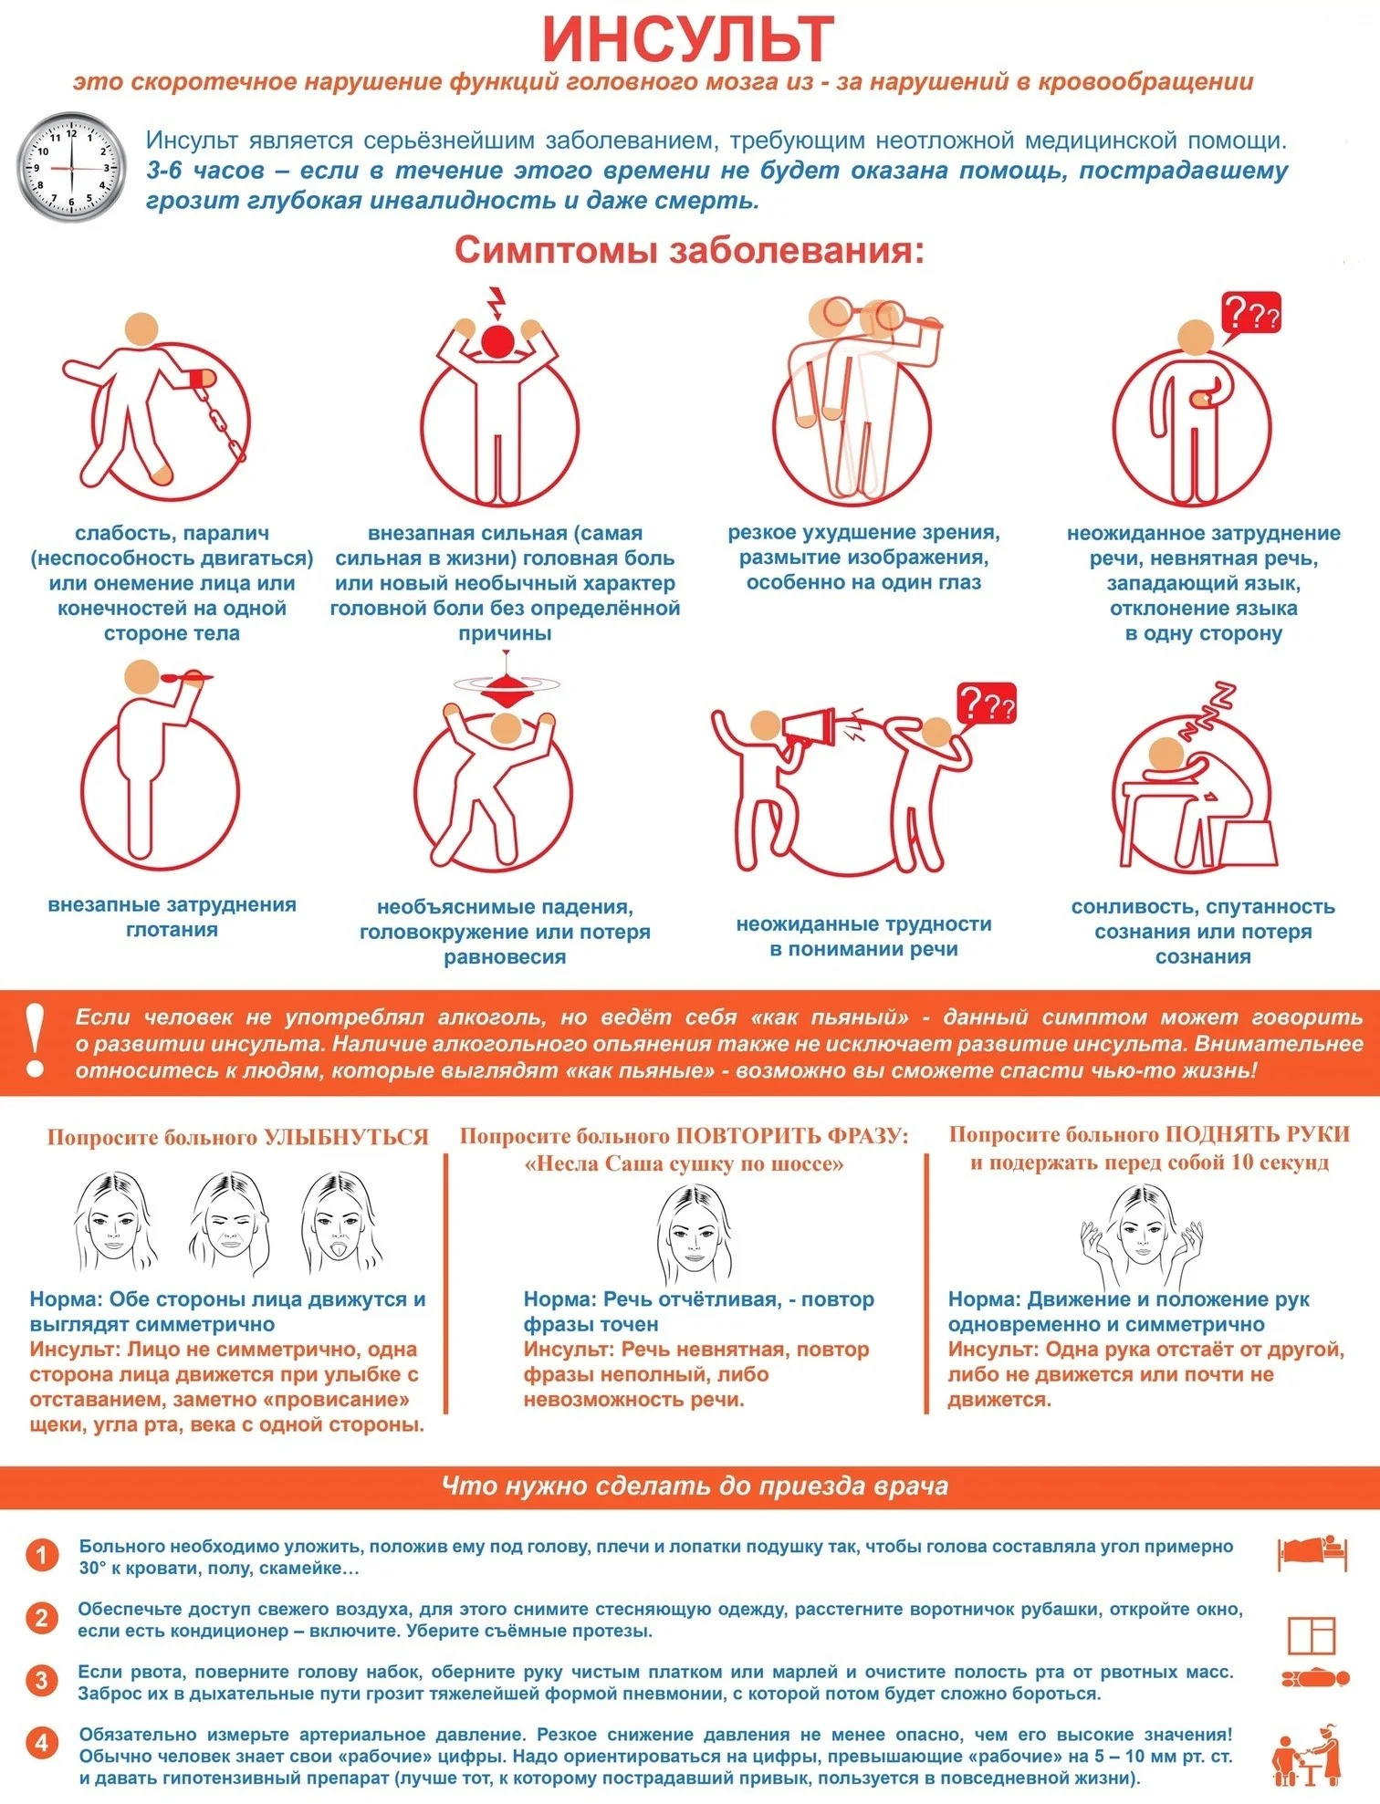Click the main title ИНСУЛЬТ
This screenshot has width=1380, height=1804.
689,38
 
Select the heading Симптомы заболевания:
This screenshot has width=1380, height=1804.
689,250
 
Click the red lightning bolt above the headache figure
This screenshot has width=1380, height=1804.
496,302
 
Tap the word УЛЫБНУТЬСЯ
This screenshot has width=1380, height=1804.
346,1137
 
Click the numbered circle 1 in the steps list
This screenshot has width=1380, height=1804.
41,1555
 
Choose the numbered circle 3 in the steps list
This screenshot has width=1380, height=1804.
41,1680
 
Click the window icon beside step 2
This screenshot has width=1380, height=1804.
1312,1634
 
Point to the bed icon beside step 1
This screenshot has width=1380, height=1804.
1312,1551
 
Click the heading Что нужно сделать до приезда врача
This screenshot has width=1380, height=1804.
695,1486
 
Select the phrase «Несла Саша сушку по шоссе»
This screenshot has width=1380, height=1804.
685,1164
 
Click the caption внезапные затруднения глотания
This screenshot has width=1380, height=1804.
172,917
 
